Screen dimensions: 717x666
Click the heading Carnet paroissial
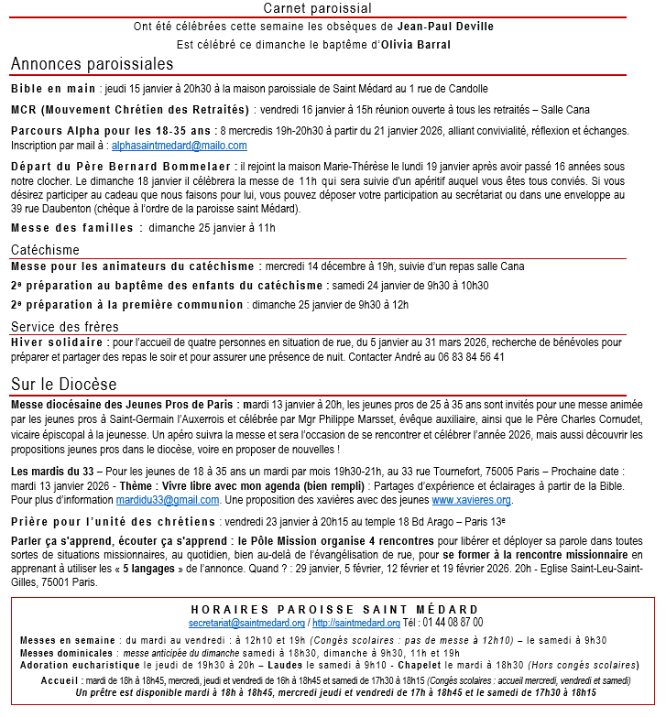click(333, 8)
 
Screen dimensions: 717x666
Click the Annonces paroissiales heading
click(92, 64)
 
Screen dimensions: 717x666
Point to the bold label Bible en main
click(53, 89)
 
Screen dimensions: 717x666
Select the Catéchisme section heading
click(45, 250)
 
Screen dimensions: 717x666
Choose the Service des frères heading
click(64, 327)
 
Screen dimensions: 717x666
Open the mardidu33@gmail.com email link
click(168, 500)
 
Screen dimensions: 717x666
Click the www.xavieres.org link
click(471, 500)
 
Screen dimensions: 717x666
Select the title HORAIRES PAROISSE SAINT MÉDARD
click(334, 609)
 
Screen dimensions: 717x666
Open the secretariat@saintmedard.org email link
click(246, 623)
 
